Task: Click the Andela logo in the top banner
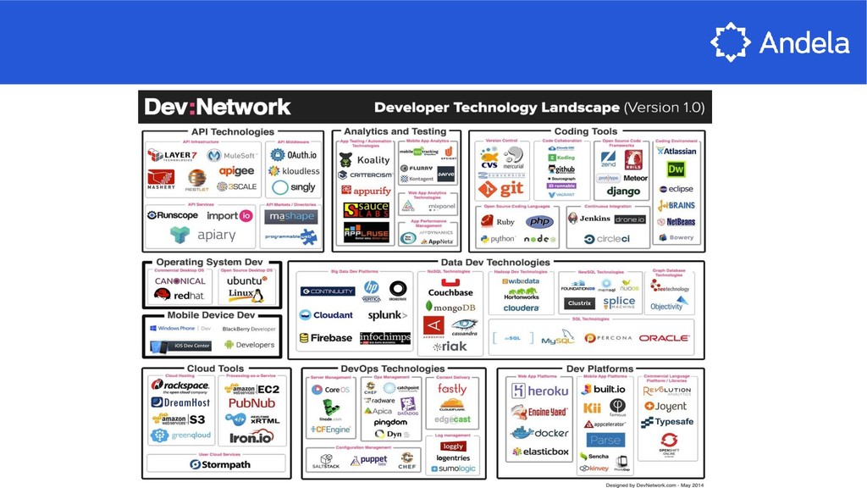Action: (779, 42)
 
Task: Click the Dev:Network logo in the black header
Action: (218, 107)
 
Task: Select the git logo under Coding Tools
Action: (501, 189)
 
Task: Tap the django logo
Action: (622, 192)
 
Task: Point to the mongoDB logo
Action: (450, 307)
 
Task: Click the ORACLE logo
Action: (664, 338)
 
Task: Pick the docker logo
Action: (538, 432)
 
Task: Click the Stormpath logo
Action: (213, 464)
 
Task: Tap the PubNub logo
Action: (251, 404)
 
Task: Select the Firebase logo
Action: (325, 338)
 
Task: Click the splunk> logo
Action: (388, 315)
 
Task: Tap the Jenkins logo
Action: (588, 219)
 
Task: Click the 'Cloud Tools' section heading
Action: (215, 369)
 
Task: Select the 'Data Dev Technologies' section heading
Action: (495, 263)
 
